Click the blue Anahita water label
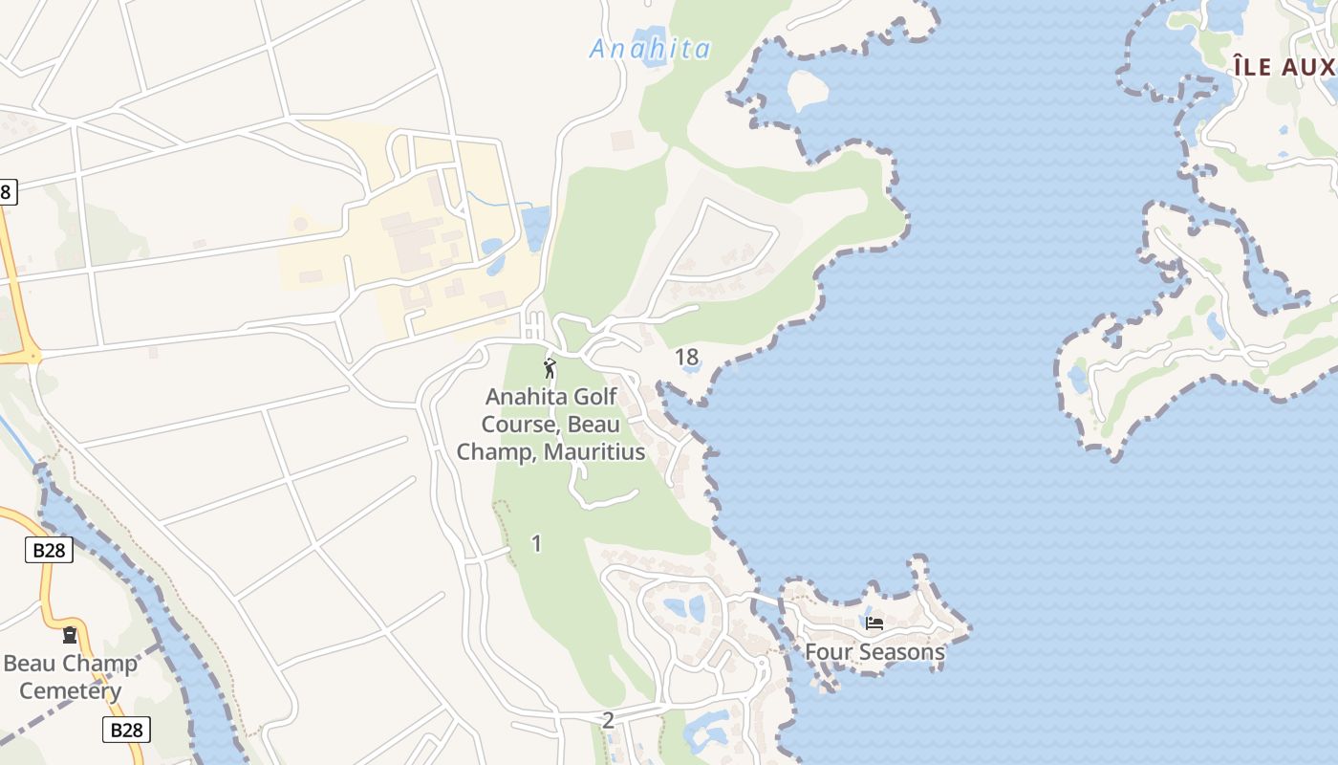[650, 49]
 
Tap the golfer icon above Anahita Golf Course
[550, 368]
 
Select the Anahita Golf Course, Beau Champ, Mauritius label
[551, 424]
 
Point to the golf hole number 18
[686, 358]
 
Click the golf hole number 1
[536, 543]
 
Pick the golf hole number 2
[608, 720]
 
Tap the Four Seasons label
[874, 652]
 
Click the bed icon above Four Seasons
[874, 623]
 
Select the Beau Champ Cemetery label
[71, 677]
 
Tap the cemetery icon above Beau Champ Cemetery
[70, 634]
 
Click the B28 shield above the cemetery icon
[49, 550]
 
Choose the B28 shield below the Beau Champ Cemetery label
[126, 730]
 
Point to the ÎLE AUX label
[1284, 67]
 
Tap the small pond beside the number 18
[695, 364]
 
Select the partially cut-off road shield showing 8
[6, 191]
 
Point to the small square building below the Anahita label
[622, 140]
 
